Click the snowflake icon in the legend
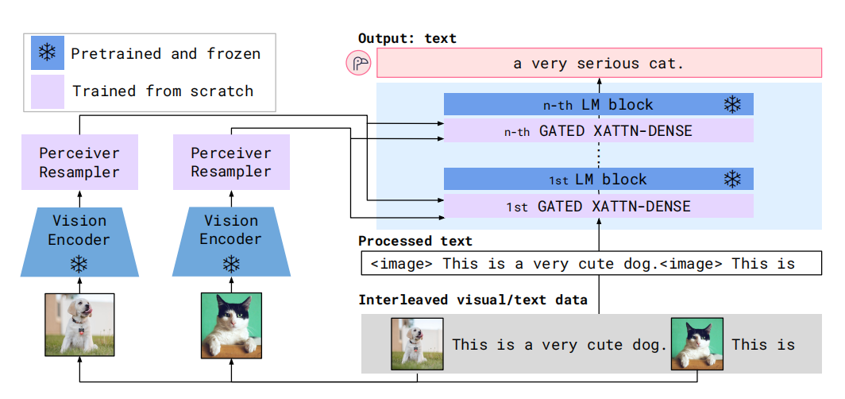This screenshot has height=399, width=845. click(x=48, y=52)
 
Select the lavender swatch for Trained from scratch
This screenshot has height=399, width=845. click(x=48, y=91)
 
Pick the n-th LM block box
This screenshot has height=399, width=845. click(x=598, y=104)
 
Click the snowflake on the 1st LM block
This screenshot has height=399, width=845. click(x=732, y=179)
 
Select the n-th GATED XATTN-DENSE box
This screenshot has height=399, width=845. click(x=598, y=130)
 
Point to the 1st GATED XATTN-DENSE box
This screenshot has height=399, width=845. click(x=598, y=206)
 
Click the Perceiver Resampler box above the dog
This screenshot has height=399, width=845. click(x=79, y=162)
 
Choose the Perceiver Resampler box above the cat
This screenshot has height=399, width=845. click(x=231, y=162)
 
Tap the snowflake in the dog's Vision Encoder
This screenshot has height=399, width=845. click(x=79, y=264)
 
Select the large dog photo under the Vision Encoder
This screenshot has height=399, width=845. click(x=79, y=324)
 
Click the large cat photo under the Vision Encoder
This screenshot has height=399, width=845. click(x=231, y=326)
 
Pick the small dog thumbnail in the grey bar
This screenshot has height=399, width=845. click(x=417, y=344)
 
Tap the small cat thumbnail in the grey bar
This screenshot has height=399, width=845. click(x=696, y=344)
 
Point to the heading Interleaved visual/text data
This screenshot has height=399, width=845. click(x=473, y=300)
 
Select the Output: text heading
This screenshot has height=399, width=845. click(x=407, y=38)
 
